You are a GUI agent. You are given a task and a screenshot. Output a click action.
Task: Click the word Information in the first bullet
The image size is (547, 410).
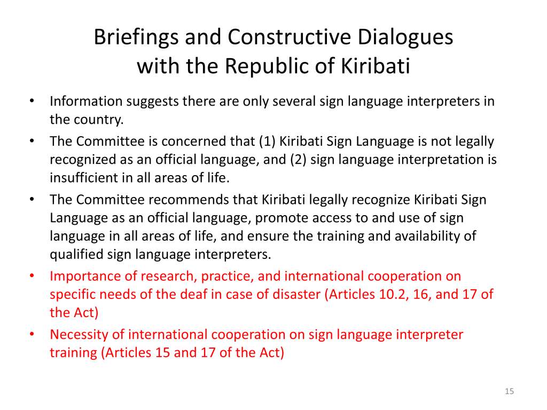(86, 101)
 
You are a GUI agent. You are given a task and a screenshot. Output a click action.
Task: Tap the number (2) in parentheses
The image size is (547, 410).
(298, 159)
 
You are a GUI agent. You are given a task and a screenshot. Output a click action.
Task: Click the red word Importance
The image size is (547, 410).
(85, 277)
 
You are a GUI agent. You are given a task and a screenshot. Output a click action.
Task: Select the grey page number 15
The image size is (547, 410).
(509, 391)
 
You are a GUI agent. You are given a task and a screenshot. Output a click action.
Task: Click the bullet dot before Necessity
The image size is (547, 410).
(32, 334)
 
